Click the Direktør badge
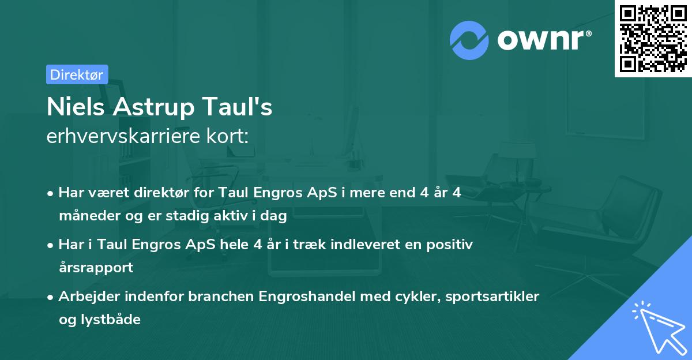[77, 74]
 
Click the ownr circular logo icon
[469, 40]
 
